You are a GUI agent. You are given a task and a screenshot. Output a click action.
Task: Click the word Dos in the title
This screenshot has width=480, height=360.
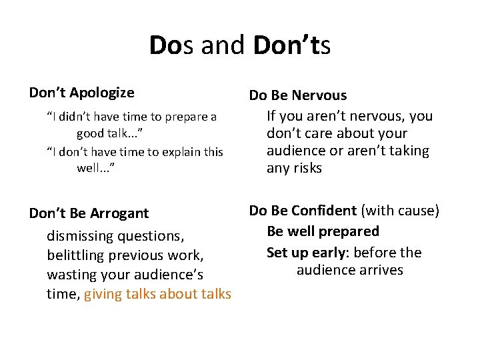(172, 45)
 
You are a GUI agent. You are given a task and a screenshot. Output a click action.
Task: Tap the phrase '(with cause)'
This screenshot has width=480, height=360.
(400, 211)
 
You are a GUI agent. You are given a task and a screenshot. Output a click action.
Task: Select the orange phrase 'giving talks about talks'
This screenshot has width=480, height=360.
(158, 294)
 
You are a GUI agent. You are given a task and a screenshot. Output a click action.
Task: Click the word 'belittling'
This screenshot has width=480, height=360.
(75, 255)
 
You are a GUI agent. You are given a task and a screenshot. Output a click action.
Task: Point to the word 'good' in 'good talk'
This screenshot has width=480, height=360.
(90, 133)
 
